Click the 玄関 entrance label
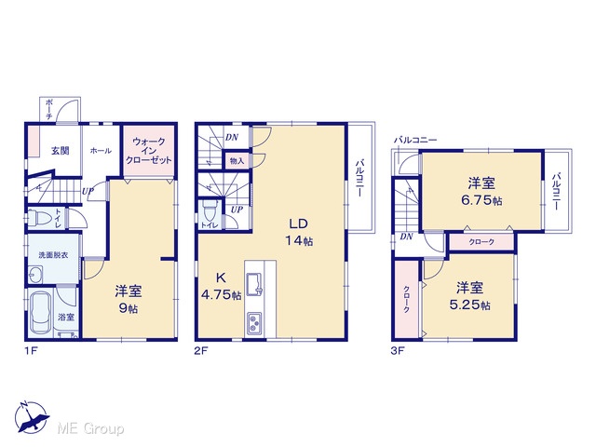coord(60,151)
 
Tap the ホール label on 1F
coord(101,151)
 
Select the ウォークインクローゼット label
coord(149,151)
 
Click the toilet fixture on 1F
coord(41,218)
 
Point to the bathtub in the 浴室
coord(41,313)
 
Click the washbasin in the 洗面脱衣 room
coord(35,275)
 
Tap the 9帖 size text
coord(129,308)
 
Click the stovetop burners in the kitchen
coord(254,323)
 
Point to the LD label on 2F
coord(298,223)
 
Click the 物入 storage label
coord(237,161)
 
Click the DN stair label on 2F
coord(232,137)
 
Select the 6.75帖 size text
coord(481,200)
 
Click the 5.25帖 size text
coord(469,305)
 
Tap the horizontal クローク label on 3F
coord(481,242)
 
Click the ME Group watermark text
coord(90,429)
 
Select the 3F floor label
coord(398,351)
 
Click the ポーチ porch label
coord(49,110)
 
